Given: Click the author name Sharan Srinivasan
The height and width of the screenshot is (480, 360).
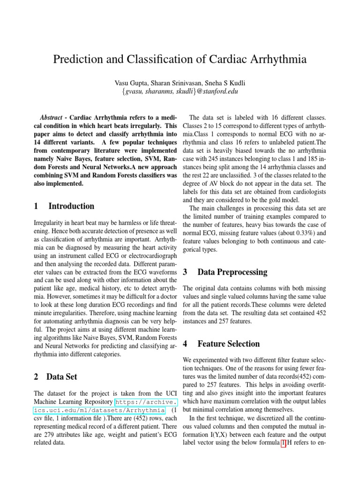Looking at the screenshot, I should tap(178, 83).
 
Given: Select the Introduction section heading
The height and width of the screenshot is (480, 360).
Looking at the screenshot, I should tap(71, 206).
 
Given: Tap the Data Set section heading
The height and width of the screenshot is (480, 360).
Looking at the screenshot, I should tap(62, 376).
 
